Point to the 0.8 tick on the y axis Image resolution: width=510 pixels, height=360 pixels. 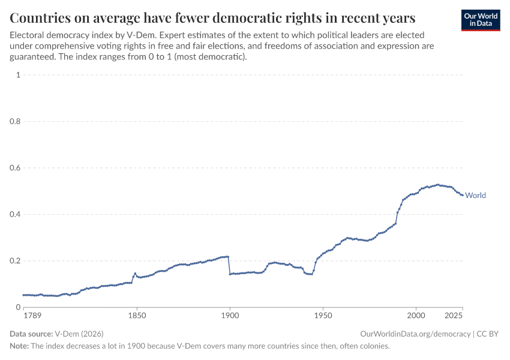(x=15, y=121)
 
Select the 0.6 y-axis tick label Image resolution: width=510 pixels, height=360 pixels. (x=15, y=168)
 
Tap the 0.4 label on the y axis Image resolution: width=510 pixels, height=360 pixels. (x=15, y=214)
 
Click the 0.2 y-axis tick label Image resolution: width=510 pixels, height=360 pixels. (x=15, y=261)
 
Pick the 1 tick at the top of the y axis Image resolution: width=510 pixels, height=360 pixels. (x=19, y=75)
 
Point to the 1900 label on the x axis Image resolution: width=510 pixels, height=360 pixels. (x=230, y=315)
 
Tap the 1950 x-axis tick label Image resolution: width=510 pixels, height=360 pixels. (x=323, y=315)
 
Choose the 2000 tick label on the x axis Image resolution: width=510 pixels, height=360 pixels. (x=416, y=315)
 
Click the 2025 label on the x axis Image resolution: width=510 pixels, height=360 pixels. (x=454, y=315)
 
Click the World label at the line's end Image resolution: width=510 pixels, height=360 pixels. (x=475, y=195)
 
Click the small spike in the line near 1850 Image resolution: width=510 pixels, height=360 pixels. (x=135, y=274)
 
